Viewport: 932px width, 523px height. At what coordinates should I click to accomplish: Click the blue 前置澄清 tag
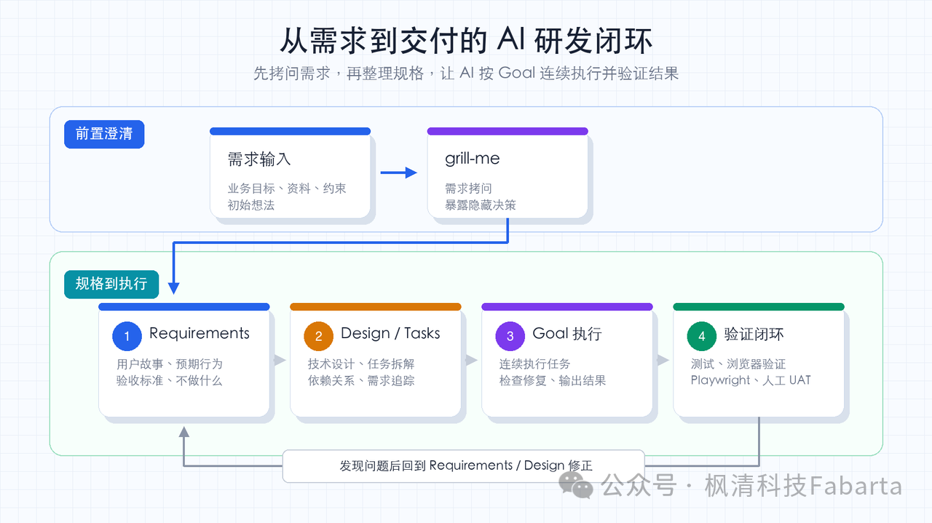[x=104, y=134]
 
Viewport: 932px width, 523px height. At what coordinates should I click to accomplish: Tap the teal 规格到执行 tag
[x=111, y=284]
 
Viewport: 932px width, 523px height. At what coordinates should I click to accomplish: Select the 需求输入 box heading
[x=258, y=159]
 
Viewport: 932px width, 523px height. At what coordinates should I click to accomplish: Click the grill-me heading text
[x=473, y=159]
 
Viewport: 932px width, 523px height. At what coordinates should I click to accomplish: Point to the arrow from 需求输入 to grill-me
[x=398, y=173]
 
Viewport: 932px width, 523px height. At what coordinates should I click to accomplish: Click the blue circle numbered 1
[x=127, y=336]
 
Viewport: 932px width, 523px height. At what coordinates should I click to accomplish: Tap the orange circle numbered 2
[x=318, y=336]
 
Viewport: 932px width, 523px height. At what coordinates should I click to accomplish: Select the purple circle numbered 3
[x=510, y=336]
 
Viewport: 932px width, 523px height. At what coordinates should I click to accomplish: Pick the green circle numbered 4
[x=701, y=336]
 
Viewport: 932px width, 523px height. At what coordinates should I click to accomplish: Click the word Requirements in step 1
[x=200, y=334]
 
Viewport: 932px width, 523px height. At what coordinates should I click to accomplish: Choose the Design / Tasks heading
[x=390, y=334]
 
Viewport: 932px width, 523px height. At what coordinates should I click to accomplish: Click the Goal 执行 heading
[x=567, y=334]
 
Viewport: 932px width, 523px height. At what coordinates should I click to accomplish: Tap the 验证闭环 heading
[x=754, y=334]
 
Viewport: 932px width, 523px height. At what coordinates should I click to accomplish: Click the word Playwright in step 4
[x=720, y=380]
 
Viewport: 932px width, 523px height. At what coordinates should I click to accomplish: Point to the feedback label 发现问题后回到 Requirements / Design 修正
[x=465, y=465]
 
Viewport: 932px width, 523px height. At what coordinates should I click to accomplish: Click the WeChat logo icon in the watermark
[x=575, y=485]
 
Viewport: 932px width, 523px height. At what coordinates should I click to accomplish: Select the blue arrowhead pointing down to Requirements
[x=173, y=288]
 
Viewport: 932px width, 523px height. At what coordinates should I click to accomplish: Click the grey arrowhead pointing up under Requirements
[x=184, y=432]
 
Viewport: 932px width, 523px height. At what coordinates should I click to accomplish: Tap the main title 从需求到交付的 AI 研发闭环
[x=466, y=41]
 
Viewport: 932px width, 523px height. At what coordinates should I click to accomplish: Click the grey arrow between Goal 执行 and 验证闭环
[x=663, y=360]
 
